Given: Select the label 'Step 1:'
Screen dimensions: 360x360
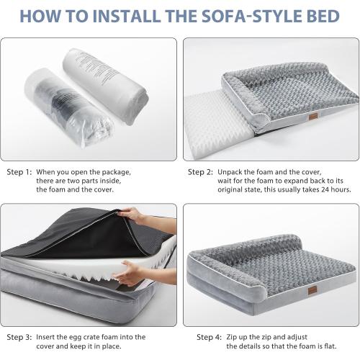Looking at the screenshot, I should (x=19, y=172).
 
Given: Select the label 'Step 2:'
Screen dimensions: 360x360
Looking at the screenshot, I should (x=200, y=172).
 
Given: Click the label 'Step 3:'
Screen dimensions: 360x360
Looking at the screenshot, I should (x=19, y=337).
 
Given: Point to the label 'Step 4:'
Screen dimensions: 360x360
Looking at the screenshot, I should (x=209, y=337).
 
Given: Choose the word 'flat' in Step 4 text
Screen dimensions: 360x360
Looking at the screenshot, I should (x=335, y=346).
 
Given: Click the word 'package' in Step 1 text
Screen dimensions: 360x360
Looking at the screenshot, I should (x=113, y=172).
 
